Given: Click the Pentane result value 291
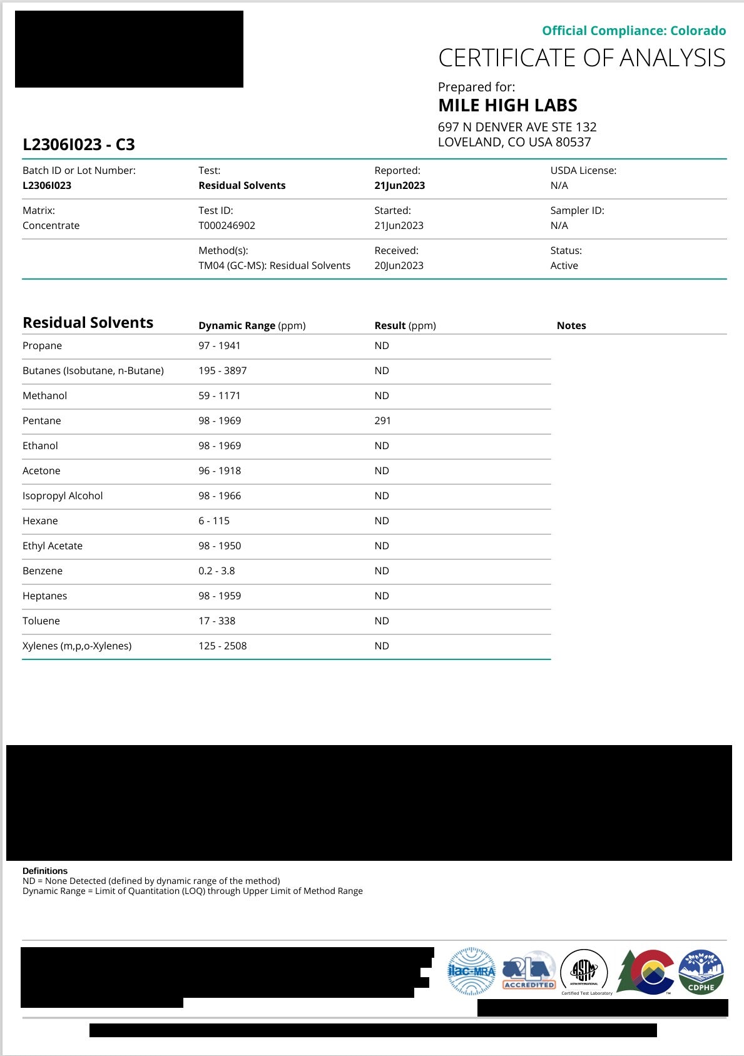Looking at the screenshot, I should pos(382,420).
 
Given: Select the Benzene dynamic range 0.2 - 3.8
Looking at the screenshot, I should pos(217,571).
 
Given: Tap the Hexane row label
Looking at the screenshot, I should pos(40,520).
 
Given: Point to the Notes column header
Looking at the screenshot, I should pos(571,325).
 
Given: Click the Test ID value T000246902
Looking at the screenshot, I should pos(227,225).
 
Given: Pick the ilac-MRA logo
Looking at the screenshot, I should pos(471,972).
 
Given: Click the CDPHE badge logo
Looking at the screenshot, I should pos(701,972).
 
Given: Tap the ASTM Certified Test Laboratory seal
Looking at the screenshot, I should pos(584,972).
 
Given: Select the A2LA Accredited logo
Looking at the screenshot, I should pos(529,972).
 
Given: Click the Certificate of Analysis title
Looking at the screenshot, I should pos(581,58).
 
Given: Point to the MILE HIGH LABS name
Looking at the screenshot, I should pos(507,105).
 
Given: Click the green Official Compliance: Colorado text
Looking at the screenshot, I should pos(633,31).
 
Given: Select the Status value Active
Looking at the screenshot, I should pos(564,265).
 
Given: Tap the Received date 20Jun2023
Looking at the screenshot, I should pos(399,265).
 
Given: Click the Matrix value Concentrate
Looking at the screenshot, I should pos(51,225).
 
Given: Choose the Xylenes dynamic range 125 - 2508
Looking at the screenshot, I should pos(222,646).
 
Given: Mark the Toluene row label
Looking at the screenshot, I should pos(41,621).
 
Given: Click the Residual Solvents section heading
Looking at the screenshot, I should pos(88,323).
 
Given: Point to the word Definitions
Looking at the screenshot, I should pos(45,871).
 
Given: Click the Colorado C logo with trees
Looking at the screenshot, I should pos(646,972).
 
